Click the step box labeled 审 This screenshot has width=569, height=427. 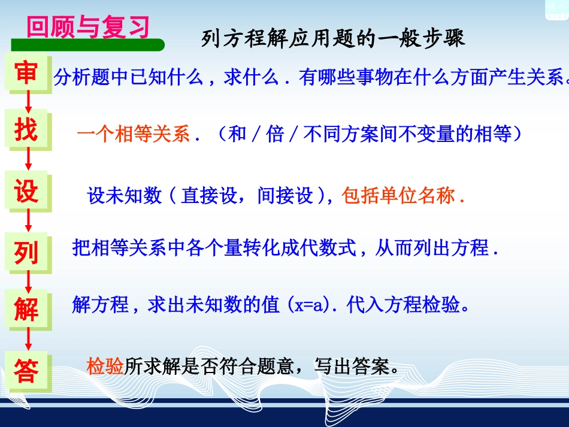pos(26,72)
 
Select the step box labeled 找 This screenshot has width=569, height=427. pos(26,130)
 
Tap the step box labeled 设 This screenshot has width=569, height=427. pos(26,192)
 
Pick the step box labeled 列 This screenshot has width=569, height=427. pos(26,252)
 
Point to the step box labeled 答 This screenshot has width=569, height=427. pos(26,371)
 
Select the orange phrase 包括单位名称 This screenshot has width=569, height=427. pos(399,196)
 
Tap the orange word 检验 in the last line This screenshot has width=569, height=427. pos(105,365)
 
